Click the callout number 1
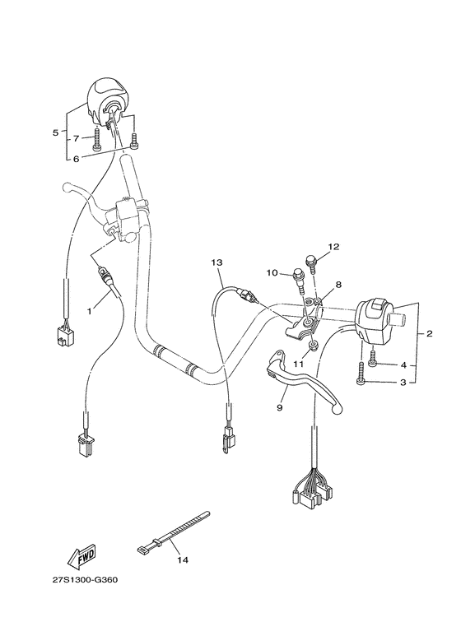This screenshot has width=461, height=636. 91,313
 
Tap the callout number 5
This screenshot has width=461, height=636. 55,132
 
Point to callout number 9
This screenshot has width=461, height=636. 279,406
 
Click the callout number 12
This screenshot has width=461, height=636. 334,246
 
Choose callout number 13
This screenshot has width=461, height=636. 217,262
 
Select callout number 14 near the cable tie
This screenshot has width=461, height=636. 183,560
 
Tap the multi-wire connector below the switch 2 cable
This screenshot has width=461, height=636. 312,490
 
